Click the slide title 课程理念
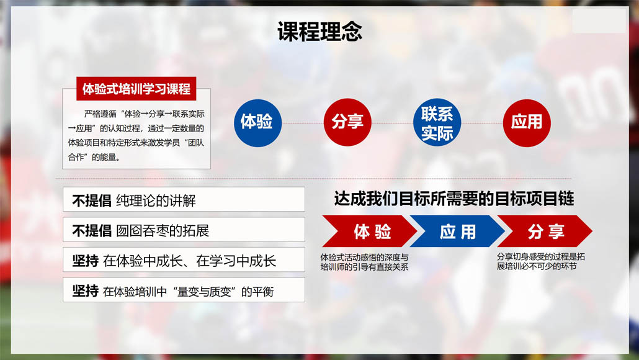click(x=319, y=32)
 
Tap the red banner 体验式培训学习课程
click(x=136, y=89)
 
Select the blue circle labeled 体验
click(x=257, y=123)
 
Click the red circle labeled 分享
click(x=347, y=122)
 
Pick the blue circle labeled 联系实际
click(x=437, y=122)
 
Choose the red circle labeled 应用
click(x=527, y=123)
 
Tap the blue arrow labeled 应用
click(x=457, y=231)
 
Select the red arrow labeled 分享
click(x=545, y=231)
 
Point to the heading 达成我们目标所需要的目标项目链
click(x=454, y=199)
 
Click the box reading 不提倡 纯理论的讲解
click(x=184, y=199)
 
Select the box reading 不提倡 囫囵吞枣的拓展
click(x=184, y=230)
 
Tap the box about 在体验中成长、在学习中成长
click(x=184, y=259)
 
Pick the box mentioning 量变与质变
click(x=184, y=290)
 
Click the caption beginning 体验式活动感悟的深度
click(x=364, y=262)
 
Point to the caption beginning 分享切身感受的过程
click(x=540, y=261)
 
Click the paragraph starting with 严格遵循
click(x=136, y=135)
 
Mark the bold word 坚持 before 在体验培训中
click(x=85, y=290)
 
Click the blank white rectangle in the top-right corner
click(x=599, y=20)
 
